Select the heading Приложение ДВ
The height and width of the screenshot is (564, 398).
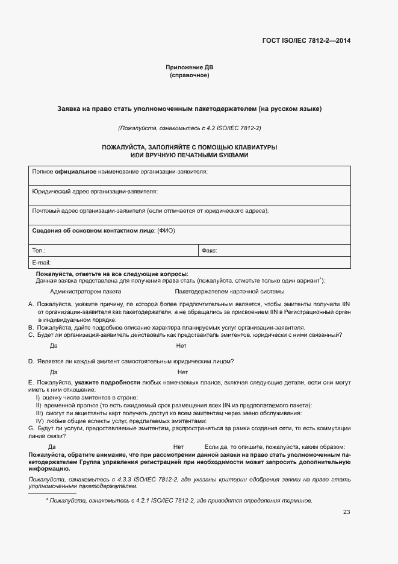[x=189, y=67]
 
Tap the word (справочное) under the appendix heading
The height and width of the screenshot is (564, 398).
[x=189, y=76]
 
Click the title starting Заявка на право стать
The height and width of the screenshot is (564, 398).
[x=189, y=109]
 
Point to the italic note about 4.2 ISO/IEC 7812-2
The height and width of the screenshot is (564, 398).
[x=189, y=128]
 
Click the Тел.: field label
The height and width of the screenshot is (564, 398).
[x=39, y=250]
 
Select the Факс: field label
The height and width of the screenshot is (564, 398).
[x=209, y=250]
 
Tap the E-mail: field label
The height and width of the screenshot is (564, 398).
[x=42, y=263]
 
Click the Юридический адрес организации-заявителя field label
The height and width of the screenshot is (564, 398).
[x=95, y=191]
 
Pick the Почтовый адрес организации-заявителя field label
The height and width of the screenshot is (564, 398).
[x=150, y=211]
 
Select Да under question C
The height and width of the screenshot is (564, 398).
[x=53, y=346]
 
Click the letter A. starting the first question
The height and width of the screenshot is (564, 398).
[x=31, y=304]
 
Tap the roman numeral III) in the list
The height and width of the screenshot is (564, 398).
[x=40, y=413]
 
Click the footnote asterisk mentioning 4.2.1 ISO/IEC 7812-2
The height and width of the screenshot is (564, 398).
[x=47, y=500]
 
